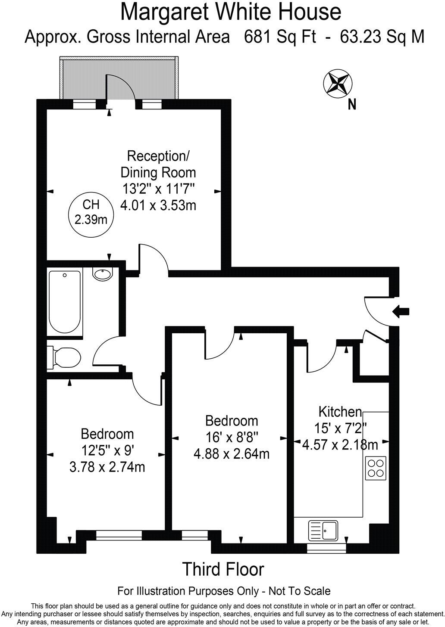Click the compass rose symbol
[337, 83]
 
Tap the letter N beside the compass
[352, 104]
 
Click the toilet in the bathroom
[65, 357]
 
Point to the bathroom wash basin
[103, 274]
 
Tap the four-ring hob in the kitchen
[375, 468]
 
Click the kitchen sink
[323, 531]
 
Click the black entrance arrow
[401, 311]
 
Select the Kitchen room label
[340, 412]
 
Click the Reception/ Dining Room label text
[158, 164]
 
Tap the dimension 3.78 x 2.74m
[107, 467]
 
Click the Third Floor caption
[223, 569]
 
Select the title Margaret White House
[231, 12]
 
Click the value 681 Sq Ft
[279, 37]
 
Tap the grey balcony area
[82, 79]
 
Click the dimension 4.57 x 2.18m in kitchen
[340, 444]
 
